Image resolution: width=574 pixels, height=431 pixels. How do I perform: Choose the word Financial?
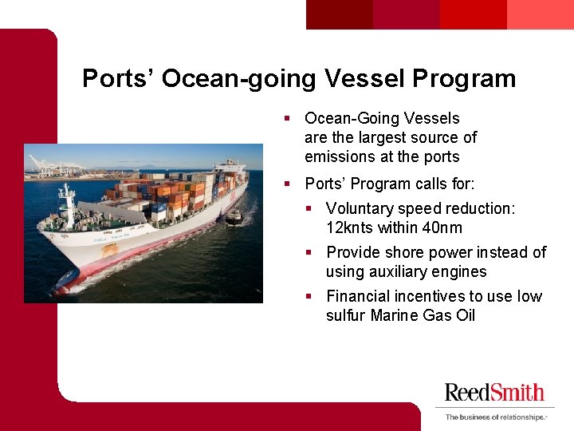coord(362,296)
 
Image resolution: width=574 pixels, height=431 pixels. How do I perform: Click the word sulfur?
coord(346,315)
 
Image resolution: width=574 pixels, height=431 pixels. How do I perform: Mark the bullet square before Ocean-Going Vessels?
coord(288,119)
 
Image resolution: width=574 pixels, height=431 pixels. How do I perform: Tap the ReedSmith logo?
coord(494,392)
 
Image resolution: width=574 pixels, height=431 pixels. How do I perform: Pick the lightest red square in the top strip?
coord(540,14)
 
